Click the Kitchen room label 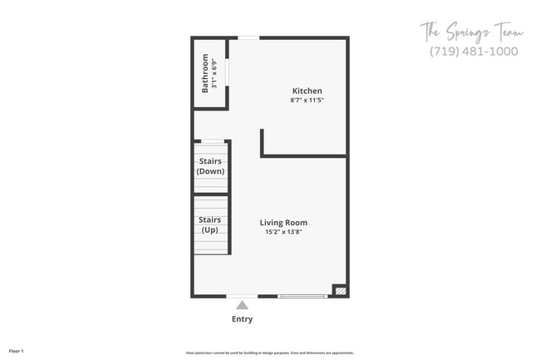click(x=307, y=91)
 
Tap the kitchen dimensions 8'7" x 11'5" click(x=307, y=101)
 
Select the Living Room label click(x=283, y=222)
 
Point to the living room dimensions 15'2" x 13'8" click(x=283, y=232)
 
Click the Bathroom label click(x=205, y=73)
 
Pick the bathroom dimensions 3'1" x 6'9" click(x=214, y=73)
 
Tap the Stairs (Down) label click(x=209, y=165)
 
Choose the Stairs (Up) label click(x=209, y=224)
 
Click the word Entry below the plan click(x=242, y=319)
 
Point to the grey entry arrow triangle click(x=242, y=305)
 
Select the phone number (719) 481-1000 click(x=474, y=52)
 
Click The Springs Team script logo click(x=472, y=33)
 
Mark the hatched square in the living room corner click(x=339, y=291)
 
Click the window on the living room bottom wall click(x=302, y=296)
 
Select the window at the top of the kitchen click(x=248, y=37)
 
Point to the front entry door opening click(x=242, y=296)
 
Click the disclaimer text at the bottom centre click(x=270, y=353)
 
